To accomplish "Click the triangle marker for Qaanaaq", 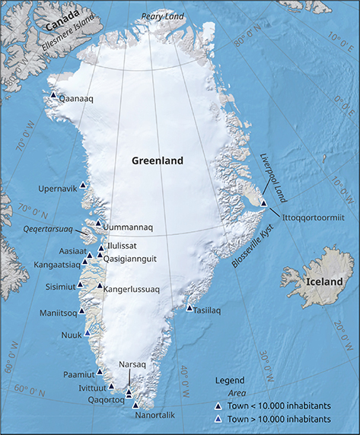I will point(53,96).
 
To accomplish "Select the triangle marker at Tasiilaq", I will point(190,308).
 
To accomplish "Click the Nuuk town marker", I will point(88,332).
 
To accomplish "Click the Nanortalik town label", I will point(155,415).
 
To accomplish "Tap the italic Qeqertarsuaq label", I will point(48,229).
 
